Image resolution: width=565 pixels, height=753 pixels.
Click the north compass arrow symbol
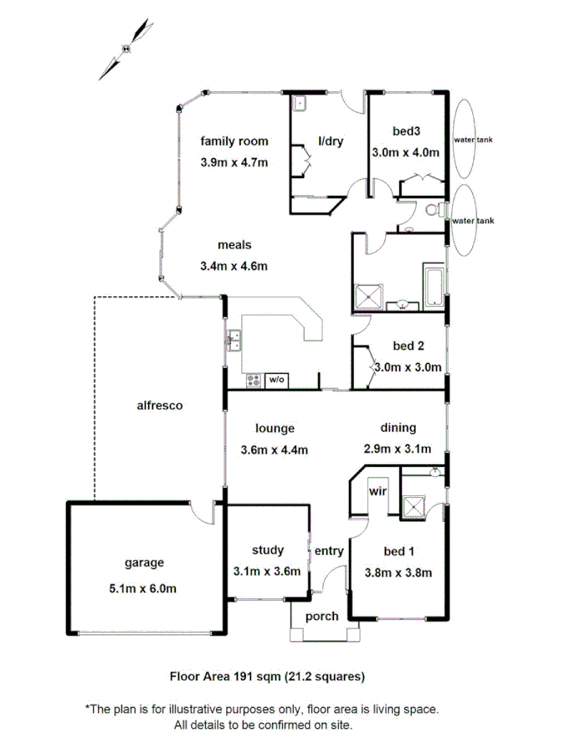(126, 49)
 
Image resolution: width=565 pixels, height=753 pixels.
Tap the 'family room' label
(234, 141)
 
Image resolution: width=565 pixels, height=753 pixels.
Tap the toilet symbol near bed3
(434, 210)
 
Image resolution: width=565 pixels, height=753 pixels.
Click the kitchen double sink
(234, 341)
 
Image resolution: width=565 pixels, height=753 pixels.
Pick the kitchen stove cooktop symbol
(253, 381)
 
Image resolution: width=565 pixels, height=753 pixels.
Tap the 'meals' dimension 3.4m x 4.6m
(234, 267)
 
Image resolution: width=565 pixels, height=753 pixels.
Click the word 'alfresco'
(159, 406)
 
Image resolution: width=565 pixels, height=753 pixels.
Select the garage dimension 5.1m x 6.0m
(142, 588)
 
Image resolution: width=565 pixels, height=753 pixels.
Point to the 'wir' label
(377, 491)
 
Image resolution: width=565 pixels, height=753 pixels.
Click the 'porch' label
(321, 617)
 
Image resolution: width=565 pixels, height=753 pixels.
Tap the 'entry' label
(329, 551)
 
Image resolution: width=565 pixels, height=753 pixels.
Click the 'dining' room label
(397, 428)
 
